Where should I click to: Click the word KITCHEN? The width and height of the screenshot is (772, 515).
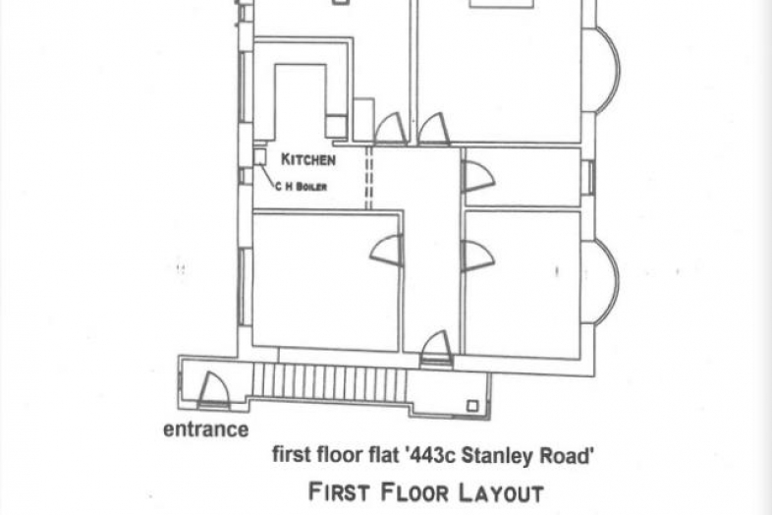tap(308, 159)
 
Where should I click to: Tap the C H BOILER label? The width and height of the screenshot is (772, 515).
tap(301, 187)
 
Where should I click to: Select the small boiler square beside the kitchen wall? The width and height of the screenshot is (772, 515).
tap(260, 157)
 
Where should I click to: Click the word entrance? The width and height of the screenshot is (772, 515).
tap(206, 429)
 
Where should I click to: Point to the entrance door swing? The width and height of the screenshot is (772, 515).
tap(213, 390)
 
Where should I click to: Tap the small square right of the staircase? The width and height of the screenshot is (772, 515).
tap(472, 406)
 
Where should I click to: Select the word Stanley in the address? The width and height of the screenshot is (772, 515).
tap(498, 456)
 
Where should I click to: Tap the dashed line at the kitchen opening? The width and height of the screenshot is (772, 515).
tap(368, 178)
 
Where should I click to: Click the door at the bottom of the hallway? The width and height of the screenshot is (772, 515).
tap(436, 349)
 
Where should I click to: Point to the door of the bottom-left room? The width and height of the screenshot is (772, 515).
tap(387, 251)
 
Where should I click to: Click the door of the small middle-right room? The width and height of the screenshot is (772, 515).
tap(477, 177)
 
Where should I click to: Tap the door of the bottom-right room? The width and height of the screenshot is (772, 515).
tap(477, 256)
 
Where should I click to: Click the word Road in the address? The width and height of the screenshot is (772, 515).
tap(565, 456)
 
